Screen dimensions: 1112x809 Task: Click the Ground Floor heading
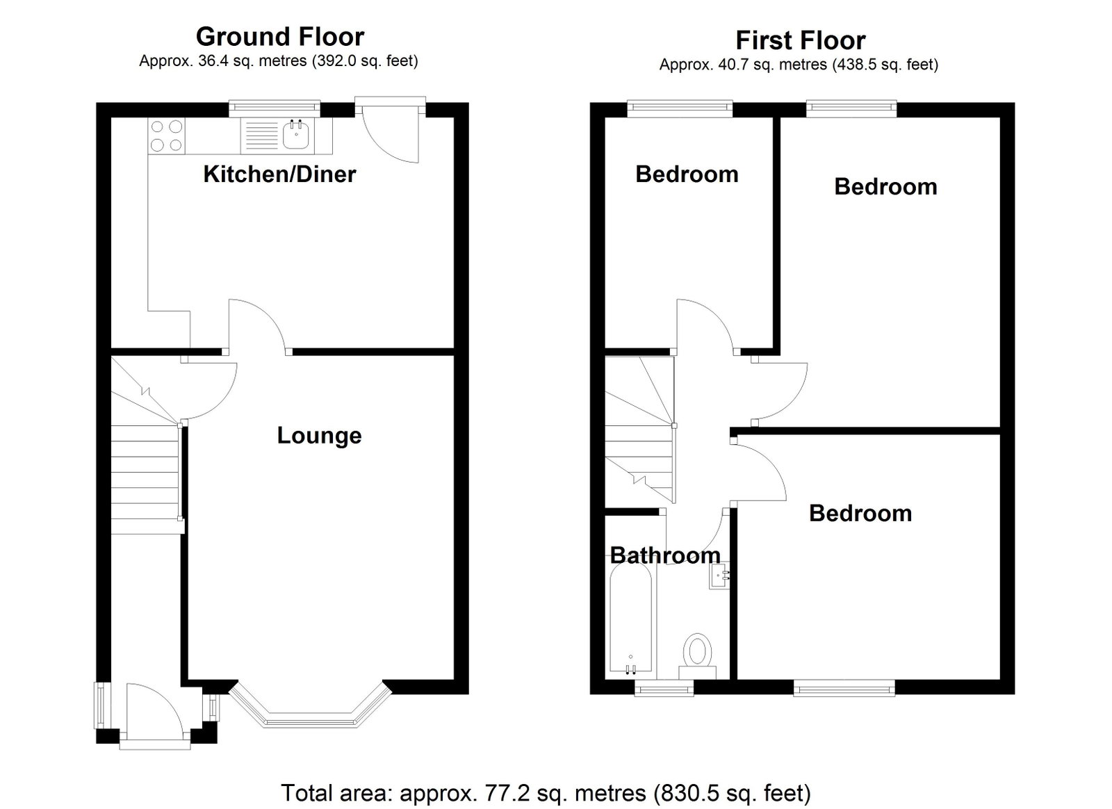click(x=280, y=37)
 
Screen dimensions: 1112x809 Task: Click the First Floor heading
click(x=800, y=41)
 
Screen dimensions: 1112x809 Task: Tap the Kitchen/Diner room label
click(x=279, y=174)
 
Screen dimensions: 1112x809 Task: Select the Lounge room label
click(x=319, y=436)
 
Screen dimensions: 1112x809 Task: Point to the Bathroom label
click(x=665, y=555)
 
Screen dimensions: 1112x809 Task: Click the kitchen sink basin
click(x=296, y=136)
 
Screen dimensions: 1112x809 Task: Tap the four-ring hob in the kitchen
click(x=166, y=136)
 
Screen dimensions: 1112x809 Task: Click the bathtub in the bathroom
click(x=630, y=621)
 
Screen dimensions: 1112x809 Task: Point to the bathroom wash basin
click(x=719, y=575)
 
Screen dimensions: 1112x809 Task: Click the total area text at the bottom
click(x=546, y=793)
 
